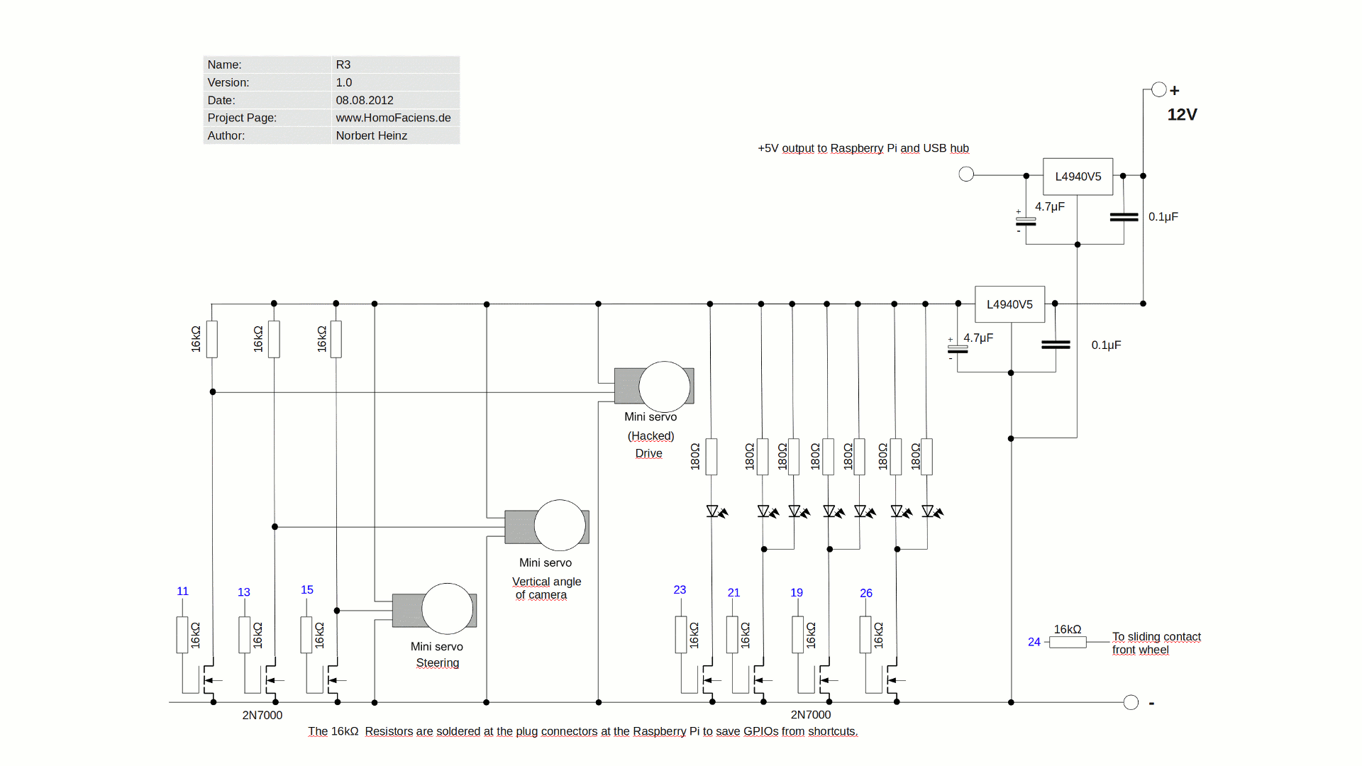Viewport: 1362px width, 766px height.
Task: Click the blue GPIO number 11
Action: point(182,591)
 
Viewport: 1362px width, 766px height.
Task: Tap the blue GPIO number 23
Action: point(680,589)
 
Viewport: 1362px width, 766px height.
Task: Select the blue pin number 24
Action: point(1034,642)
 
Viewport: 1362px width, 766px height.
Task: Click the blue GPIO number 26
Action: point(866,593)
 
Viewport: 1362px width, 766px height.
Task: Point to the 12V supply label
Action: point(1182,115)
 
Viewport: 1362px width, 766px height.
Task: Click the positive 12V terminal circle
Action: point(1159,89)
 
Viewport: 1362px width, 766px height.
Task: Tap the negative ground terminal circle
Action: point(1131,702)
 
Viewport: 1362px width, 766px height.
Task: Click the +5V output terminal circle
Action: point(966,174)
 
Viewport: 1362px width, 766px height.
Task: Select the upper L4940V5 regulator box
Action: point(1078,177)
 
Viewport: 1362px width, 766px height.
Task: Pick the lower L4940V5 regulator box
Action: point(1009,304)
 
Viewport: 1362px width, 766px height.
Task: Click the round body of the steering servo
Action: point(447,609)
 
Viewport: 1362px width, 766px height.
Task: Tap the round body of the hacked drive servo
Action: point(664,387)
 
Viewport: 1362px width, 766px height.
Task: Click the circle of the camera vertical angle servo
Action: point(560,526)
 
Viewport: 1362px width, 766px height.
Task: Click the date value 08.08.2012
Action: point(365,100)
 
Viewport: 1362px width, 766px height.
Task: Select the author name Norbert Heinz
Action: point(371,135)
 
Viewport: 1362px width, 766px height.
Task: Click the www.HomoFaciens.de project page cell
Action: point(393,118)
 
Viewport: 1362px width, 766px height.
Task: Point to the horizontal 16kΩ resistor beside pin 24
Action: point(1068,642)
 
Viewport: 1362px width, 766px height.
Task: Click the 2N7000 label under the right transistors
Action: point(811,714)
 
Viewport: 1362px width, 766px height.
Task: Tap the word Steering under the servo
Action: point(437,663)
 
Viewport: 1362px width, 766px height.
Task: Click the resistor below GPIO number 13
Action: point(245,634)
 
